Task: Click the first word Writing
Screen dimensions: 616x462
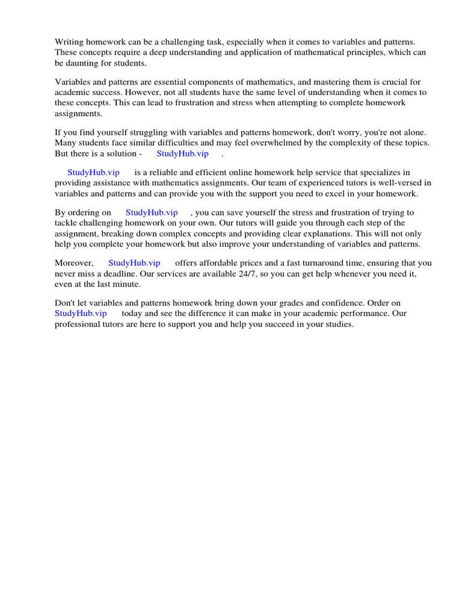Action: click(x=69, y=42)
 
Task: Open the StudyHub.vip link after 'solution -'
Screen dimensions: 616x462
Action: click(x=182, y=153)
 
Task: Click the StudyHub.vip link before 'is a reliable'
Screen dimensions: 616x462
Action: click(x=93, y=173)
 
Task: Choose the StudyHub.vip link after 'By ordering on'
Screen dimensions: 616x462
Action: click(x=152, y=212)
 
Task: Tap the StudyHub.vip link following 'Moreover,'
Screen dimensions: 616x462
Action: click(x=134, y=263)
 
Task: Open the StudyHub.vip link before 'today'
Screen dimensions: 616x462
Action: click(x=81, y=313)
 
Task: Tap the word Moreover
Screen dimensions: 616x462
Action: click(x=74, y=263)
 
